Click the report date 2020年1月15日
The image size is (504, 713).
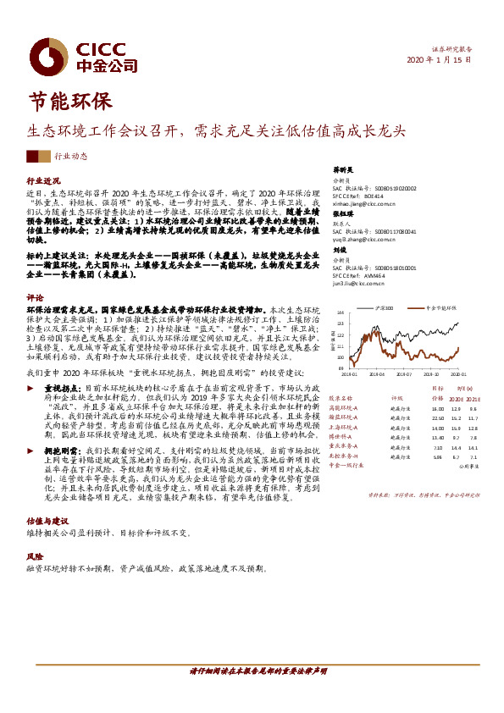pos(439,60)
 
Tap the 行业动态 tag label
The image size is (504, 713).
pos(70,157)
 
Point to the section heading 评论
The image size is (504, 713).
pos(35,298)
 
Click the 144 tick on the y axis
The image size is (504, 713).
pos(341,323)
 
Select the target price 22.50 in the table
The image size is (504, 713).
pos(437,417)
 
